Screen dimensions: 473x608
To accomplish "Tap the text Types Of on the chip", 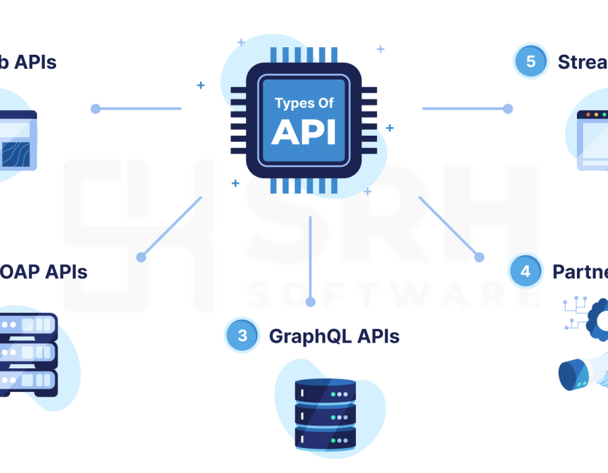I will click(304, 103).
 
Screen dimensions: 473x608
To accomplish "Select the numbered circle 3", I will click(242, 336).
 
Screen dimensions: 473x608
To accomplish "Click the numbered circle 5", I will click(531, 61).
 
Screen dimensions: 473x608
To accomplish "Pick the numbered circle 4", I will click(526, 271).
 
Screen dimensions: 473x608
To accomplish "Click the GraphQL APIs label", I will click(334, 336).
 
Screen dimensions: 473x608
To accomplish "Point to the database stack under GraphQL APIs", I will click(326, 414).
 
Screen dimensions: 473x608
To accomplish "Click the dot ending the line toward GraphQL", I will click(310, 302).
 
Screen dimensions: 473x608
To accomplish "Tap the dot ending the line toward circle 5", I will click(508, 108).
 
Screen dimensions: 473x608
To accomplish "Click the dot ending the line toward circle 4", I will click(479, 257).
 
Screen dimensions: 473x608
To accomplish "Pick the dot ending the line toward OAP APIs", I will click(141, 257).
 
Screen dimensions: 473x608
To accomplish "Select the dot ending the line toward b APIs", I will click(95, 108).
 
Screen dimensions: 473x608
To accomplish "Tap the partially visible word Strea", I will click(582, 62).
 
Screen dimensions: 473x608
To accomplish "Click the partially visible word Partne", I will click(580, 272).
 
